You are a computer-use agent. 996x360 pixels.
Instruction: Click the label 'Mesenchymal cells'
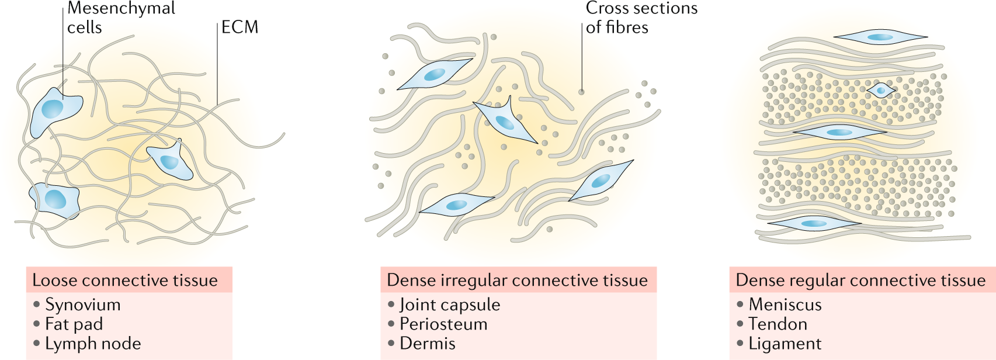click(x=120, y=18)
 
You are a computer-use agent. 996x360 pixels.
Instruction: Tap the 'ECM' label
click(x=240, y=27)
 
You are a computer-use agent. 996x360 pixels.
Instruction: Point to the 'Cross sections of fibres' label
click(x=641, y=18)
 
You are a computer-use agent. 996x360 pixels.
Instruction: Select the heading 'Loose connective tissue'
click(x=125, y=281)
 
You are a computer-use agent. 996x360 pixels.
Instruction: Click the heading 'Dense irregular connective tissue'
click(x=517, y=281)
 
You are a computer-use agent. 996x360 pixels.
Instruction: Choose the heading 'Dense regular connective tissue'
click(x=860, y=281)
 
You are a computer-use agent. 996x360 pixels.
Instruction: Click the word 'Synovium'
click(x=83, y=304)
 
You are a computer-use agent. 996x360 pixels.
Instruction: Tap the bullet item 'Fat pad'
click(x=74, y=324)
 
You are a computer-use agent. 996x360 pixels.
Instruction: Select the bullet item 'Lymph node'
click(x=93, y=344)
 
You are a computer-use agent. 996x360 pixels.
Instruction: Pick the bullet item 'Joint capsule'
click(x=450, y=304)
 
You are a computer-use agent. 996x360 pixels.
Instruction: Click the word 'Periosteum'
click(x=443, y=324)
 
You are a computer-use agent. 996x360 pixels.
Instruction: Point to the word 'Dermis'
click(x=428, y=344)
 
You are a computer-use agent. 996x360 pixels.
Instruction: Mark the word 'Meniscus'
click(x=785, y=304)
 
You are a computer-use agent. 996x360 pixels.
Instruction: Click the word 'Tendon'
click(x=778, y=324)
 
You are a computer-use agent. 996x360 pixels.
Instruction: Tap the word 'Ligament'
click(x=785, y=344)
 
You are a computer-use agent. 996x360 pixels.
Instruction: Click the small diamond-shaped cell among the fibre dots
click(x=880, y=90)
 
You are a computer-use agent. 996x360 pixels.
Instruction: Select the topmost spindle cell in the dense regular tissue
click(x=880, y=37)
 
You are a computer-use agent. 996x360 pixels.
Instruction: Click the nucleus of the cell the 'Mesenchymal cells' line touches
click(x=52, y=109)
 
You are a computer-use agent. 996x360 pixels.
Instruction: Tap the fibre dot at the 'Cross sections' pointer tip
click(x=581, y=92)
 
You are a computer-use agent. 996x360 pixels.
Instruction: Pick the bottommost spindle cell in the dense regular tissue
click(x=814, y=223)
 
